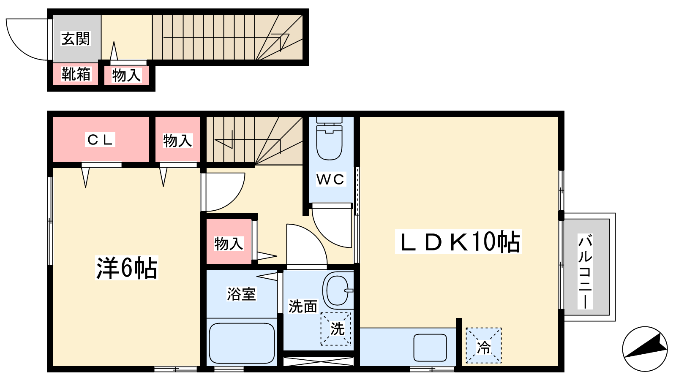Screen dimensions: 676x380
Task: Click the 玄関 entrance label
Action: coord(76,38)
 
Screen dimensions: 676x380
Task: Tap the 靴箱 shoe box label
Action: coord(76,74)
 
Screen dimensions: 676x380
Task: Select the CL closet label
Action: coord(100,140)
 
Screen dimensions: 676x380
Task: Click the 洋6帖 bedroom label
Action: coord(126,268)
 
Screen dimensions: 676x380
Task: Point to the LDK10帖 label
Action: coord(458,242)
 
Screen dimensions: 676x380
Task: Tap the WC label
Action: coord(330,179)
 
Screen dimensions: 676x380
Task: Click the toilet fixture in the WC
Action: coord(329,138)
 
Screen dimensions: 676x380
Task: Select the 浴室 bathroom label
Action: coord(241,294)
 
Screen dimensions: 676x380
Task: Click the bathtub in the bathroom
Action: coord(242,343)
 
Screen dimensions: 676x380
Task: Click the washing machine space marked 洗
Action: coord(336,329)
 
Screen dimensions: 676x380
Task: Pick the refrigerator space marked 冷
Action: coord(483,345)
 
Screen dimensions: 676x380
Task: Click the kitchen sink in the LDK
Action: coord(430,347)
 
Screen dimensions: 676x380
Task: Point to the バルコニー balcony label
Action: coord(585,271)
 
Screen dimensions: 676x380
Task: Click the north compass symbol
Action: coord(645,349)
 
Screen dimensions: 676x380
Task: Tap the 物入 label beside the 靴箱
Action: coord(126,75)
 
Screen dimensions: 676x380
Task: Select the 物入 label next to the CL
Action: coord(177,141)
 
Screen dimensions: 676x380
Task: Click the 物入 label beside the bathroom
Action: coord(229,244)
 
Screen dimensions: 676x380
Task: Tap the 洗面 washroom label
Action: coord(303,307)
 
